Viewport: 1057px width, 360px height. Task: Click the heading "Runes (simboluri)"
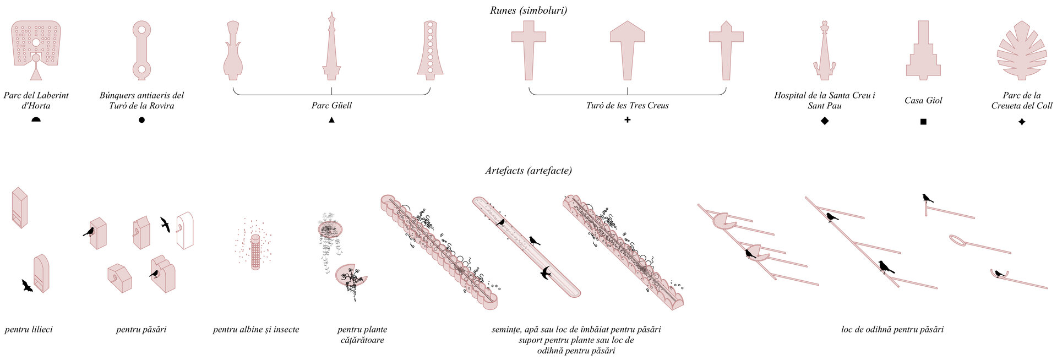528,10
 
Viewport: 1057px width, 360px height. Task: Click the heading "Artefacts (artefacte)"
528,171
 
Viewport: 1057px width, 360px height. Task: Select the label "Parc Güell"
331,106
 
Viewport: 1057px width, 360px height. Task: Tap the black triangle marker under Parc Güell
331,119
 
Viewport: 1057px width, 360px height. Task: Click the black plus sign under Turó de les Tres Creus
627,119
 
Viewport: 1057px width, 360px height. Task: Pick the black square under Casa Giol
923,122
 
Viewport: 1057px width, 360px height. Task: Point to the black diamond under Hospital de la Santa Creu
824,121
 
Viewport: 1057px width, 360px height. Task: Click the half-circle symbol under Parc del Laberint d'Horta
36,119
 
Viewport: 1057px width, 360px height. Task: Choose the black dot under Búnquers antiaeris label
141,119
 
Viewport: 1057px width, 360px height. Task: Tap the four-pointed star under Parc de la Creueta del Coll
1022,122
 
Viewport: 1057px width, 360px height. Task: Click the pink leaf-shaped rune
1022,51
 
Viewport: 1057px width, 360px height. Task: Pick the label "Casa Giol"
923,100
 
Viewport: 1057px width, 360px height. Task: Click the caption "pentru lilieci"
29,330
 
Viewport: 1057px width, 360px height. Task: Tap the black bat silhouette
26,285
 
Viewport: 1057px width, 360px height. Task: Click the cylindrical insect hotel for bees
255,252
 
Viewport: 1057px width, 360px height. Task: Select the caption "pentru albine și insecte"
256,330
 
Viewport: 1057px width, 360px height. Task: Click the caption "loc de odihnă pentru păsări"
892,330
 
